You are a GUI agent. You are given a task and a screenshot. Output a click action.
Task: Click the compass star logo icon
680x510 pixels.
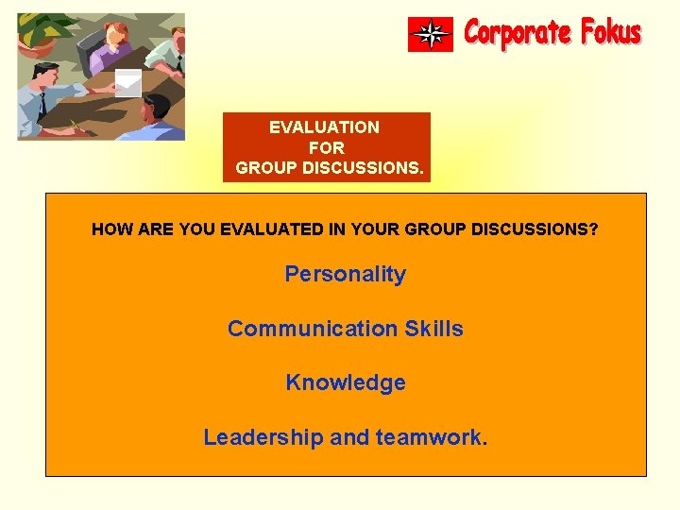pos(431,35)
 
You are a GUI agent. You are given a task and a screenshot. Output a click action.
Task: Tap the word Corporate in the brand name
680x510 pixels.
pos(518,34)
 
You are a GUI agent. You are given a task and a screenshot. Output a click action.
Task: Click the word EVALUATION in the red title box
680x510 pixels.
pos(324,127)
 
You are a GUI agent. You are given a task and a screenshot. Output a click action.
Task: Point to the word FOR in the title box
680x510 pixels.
pos(326,148)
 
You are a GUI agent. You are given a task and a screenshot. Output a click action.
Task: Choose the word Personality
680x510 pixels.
pos(345,275)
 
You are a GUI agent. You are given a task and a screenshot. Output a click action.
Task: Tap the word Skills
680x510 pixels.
pos(433,330)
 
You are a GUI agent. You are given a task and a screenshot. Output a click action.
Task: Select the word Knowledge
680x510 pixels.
pos(345,383)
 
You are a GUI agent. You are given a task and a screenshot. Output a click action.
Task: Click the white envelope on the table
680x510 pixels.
pos(127,83)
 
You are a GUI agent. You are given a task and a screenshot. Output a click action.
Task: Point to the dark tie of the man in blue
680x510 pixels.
pos(42,102)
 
